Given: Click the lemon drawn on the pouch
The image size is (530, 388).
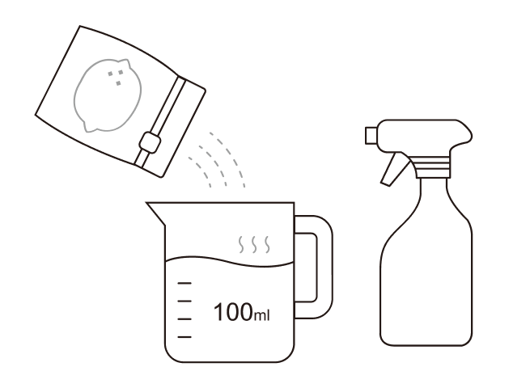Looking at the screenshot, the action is coord(108,95).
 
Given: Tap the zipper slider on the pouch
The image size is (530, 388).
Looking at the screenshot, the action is coord(150,142).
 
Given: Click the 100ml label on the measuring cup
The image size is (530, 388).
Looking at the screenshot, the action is coord(241,312).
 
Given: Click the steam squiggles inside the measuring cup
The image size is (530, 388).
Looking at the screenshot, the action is coord(254,244).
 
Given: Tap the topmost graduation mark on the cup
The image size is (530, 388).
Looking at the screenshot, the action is coord(184,283).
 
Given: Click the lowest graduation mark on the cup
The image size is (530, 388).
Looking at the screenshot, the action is coord(184,337).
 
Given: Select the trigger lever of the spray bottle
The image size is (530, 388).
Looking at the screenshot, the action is coord(394,169).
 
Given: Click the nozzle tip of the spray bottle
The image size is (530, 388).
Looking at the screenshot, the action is coord(371,136).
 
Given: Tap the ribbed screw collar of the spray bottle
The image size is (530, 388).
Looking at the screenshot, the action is coord(433,167).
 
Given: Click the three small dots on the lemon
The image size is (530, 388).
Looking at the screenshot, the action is coord(116,78).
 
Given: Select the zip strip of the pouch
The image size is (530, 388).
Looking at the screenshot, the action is coord(161,121).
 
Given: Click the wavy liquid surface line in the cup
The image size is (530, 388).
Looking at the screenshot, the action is coord(230,262).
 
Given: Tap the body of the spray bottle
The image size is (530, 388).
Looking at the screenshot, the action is coord(426,270).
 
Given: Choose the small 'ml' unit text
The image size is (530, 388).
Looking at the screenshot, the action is coord(261,316).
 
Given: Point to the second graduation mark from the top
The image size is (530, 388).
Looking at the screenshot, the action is coord(184,301).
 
